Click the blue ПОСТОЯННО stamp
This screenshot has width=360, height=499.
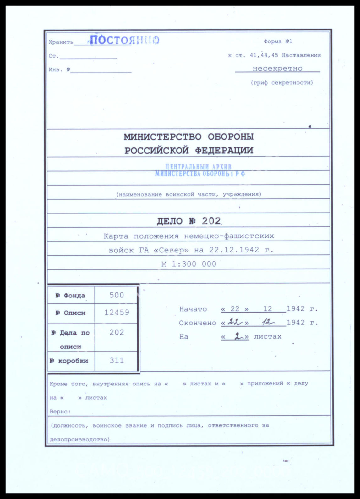point(124,40)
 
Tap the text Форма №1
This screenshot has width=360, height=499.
point(278,42)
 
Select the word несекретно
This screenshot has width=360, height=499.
point(277,69)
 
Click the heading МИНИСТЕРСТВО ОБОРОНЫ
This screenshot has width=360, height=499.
point(188,137)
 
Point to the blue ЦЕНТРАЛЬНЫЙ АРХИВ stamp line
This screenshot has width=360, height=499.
point(198,167)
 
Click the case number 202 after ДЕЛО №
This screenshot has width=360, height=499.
point(211,221)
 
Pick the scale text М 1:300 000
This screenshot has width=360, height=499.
point(189,264)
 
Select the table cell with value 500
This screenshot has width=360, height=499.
point(117,295)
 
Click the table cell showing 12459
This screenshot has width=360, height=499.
point(117,312)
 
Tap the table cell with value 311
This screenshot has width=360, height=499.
point(117,360)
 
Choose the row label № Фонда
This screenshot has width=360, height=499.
point(70,296)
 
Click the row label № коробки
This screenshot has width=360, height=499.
point(69,361)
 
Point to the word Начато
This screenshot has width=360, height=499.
point(193,309)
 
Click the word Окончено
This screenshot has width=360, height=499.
point(197,323)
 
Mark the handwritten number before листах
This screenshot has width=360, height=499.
point(235,336)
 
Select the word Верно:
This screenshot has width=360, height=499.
point(60,411)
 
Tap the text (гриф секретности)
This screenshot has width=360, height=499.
point(282,83)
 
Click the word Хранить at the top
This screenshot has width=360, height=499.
point(61,42)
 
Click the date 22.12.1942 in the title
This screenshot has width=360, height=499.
point(234,250)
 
